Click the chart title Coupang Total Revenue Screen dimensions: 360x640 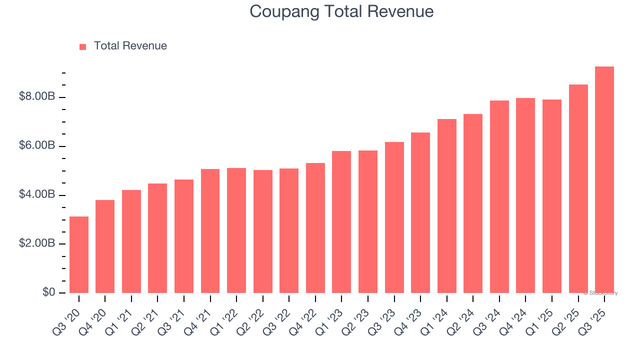pyautogui.click(x=341, y=11)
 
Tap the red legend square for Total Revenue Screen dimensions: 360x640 pyautogui.click(x=83, y=46)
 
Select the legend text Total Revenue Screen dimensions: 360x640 pyautogui.click(x=130, y=46)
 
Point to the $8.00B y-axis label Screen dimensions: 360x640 pyautogui.click(x=37, y=96)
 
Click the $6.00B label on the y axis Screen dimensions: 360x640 pyautogui.click(x=37, y=145)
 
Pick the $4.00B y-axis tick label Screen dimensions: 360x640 pyautogui.click(x=37, y=194)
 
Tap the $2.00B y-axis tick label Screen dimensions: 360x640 pyautogui.click(x=37, y=243)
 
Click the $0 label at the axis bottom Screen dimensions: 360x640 pyautogui.click(x=48, y=292)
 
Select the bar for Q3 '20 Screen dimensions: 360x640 pyautogui.click(x=79, y=255)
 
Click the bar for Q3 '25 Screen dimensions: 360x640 pyautogui.click(x=604, y=180)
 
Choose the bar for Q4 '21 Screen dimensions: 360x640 pyautogui.click(x=210, y=231)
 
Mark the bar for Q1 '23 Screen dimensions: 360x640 pyautogui.click(x=341, y=222)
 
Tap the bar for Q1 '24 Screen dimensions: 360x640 pyautogui.click(x=446, y=206)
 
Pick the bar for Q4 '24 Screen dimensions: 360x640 pyautogui.click(x=525, y=195)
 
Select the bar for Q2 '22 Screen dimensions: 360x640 pyautogui.click(x=262, y=231)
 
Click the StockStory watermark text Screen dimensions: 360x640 pyautogui.click(x=600, y=293)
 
